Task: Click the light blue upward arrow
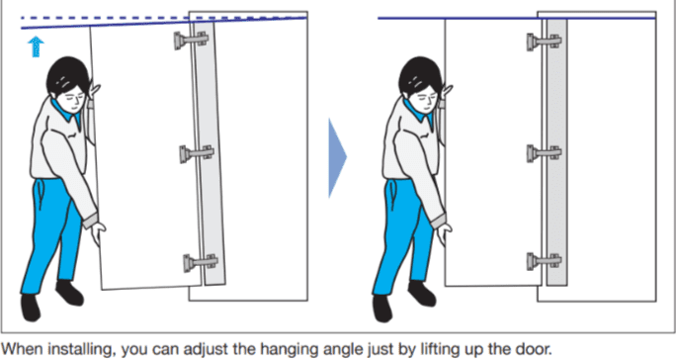[37, 46]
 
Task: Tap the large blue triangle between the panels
[337, 158]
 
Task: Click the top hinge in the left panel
[192, 41]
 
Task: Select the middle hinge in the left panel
[197, 153]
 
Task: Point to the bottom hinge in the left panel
[201, 262]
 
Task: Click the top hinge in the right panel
[545, 42]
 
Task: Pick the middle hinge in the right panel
[545, 153]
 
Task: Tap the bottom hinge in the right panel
[545, 261]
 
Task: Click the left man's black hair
[67, 73]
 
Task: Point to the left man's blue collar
[65, 113]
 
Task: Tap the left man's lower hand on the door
[98, 234]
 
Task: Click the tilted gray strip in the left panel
[210, 153]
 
